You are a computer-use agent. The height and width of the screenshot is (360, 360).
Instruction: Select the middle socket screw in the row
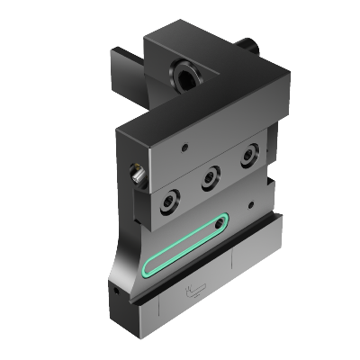coord(210,179)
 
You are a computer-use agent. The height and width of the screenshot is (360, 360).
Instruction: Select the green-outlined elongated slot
coord(184,247)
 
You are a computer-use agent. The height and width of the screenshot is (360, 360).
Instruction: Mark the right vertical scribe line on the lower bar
coord(233,265)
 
